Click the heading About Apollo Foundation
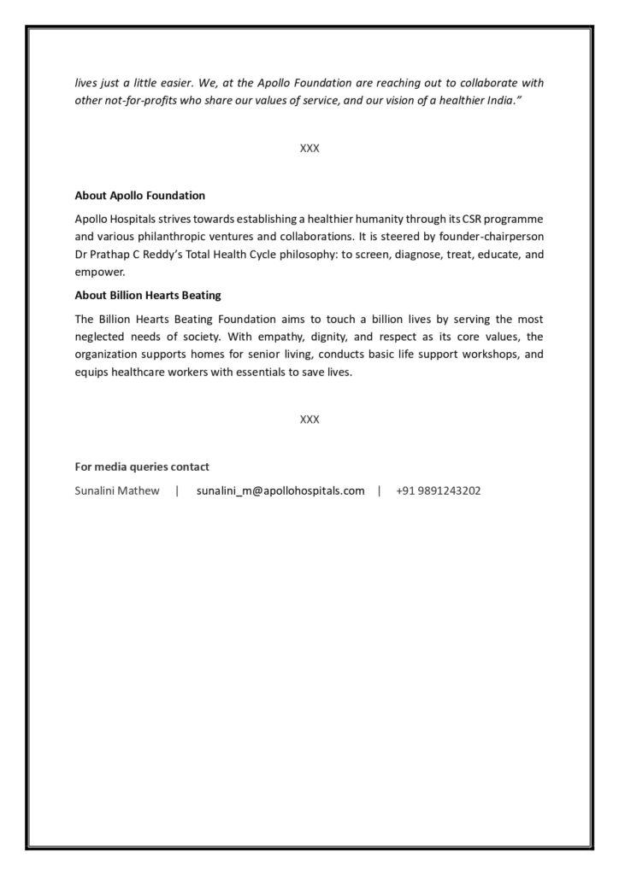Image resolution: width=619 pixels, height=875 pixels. [139, 196]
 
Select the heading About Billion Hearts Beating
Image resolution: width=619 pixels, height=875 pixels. [148, 296]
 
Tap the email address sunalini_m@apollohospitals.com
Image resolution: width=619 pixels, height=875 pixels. [280, 491]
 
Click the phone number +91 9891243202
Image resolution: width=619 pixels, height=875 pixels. [438, 491]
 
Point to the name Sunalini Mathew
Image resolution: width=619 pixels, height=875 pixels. [117, 491]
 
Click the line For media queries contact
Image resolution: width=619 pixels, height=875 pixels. [142, 467]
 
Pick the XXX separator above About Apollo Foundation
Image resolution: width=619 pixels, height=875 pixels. [309, 148]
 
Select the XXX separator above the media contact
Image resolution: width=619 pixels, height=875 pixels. [309, 420]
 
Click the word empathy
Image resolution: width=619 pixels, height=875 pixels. [274, 337]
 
